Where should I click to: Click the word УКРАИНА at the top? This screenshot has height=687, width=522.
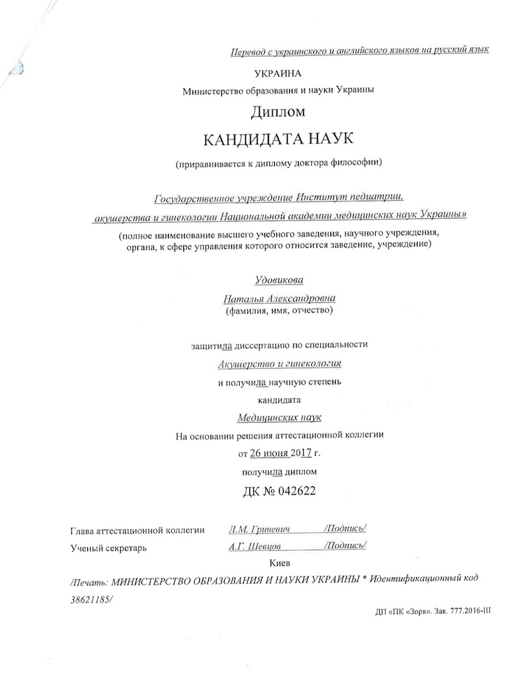coord(277,74)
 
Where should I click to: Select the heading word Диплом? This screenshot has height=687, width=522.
coord(277,111)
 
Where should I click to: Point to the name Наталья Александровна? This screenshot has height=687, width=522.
coord(278,300)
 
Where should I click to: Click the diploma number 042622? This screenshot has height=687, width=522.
coord(294,492)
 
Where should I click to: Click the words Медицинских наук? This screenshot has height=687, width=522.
coord(278,417)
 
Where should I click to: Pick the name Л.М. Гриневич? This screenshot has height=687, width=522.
coord(258,529)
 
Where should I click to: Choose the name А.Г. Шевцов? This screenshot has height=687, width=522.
coord(255,547)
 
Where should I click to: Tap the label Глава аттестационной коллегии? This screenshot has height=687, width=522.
coord(137,530)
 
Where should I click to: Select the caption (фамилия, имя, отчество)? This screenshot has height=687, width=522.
coord(278,312)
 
